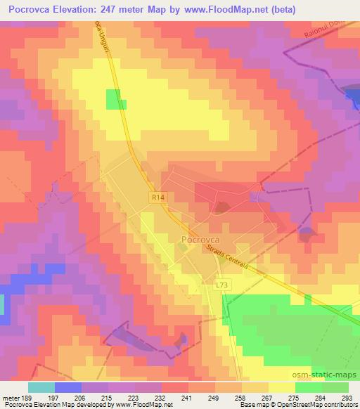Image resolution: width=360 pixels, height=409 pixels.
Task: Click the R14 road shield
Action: coord(157,199)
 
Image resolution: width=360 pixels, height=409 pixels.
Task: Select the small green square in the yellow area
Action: coord(115,99)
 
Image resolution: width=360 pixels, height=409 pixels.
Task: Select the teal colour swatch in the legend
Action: coord(41,387)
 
